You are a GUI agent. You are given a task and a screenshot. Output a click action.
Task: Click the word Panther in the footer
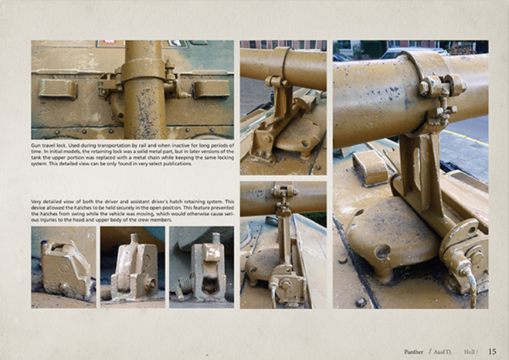413,352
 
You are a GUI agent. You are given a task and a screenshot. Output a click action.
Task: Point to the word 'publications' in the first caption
172,164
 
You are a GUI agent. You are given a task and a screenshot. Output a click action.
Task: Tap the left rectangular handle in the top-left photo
58,88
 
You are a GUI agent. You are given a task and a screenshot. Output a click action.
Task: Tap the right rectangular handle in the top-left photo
211,88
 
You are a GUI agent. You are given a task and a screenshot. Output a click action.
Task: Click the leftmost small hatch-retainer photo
63,267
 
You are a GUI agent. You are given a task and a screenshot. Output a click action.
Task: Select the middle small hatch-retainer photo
132,267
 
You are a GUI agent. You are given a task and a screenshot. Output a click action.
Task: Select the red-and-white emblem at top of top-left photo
109,43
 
